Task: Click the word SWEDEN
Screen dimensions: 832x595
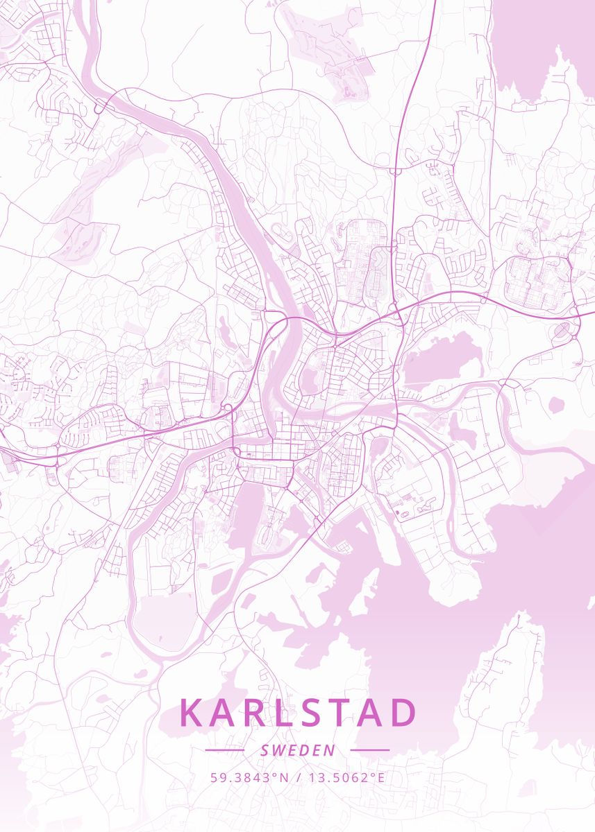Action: pos(298,750)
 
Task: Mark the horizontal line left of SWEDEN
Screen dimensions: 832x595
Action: pos(224,750)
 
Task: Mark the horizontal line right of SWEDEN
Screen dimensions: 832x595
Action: pos(370,750)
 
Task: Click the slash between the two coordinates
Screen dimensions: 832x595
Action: pos(297,777)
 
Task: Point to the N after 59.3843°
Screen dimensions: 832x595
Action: pos(283,777)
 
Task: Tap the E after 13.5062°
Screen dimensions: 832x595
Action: pos(380,777)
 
